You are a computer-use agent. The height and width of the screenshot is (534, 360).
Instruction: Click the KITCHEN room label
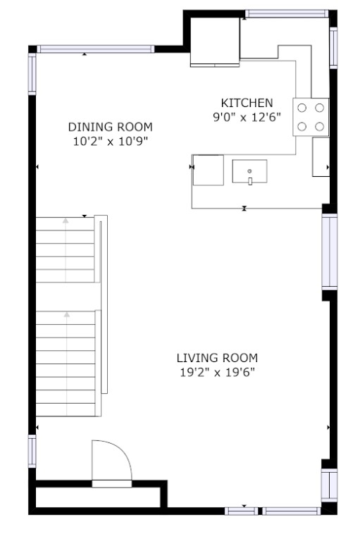pyautogui.click(x=247, y=103)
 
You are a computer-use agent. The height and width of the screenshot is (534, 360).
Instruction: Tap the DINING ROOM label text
pyautogui.click(x=111, y=127)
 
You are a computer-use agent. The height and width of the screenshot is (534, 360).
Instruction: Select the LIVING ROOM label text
pyautogui.click(x=217, y=358)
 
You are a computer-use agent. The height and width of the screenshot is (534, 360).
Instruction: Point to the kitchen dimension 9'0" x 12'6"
pyautogui.click(x=247, y=117)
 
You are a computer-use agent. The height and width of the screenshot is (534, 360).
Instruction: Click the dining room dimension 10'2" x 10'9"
pyautogui.click(x=111, y=142)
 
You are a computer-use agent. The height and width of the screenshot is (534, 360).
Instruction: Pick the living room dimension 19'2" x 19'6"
pyautogui.click(x=217, y=373)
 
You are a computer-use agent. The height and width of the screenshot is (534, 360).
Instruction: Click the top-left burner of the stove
pyautogui.click(x=302, y=108)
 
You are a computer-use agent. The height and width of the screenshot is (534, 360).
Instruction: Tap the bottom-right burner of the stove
pyautogui.click(x=319, y=127)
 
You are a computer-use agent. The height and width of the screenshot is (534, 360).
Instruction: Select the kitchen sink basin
pyautogui.click(x=249, y=171)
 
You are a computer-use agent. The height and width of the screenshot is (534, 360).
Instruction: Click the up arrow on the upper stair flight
pyautogui.click(x=66, y=250)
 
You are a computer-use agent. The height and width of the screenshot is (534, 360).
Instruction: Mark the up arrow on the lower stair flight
pyautogui.click(x=67, y=364)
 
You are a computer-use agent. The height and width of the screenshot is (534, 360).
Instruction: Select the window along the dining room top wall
pyautogui.click(x=95, y=49)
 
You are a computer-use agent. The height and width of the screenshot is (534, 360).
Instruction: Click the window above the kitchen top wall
pyautogui.click(x=287, y=13)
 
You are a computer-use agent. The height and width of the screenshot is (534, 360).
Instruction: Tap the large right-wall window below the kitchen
pyautogui.click(x=330, y=252)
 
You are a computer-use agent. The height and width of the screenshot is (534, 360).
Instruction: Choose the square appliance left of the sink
pyautogui.click(x=208, y=170)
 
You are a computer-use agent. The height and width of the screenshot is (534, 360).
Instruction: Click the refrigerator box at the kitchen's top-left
pyautogui.click(x=215, y=42)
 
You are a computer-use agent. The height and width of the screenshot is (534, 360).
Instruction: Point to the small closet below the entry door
pyautogui.click(x=98, y=497)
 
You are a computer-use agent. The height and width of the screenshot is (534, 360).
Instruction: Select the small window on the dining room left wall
pyautogui.click(x=32, y=74)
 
